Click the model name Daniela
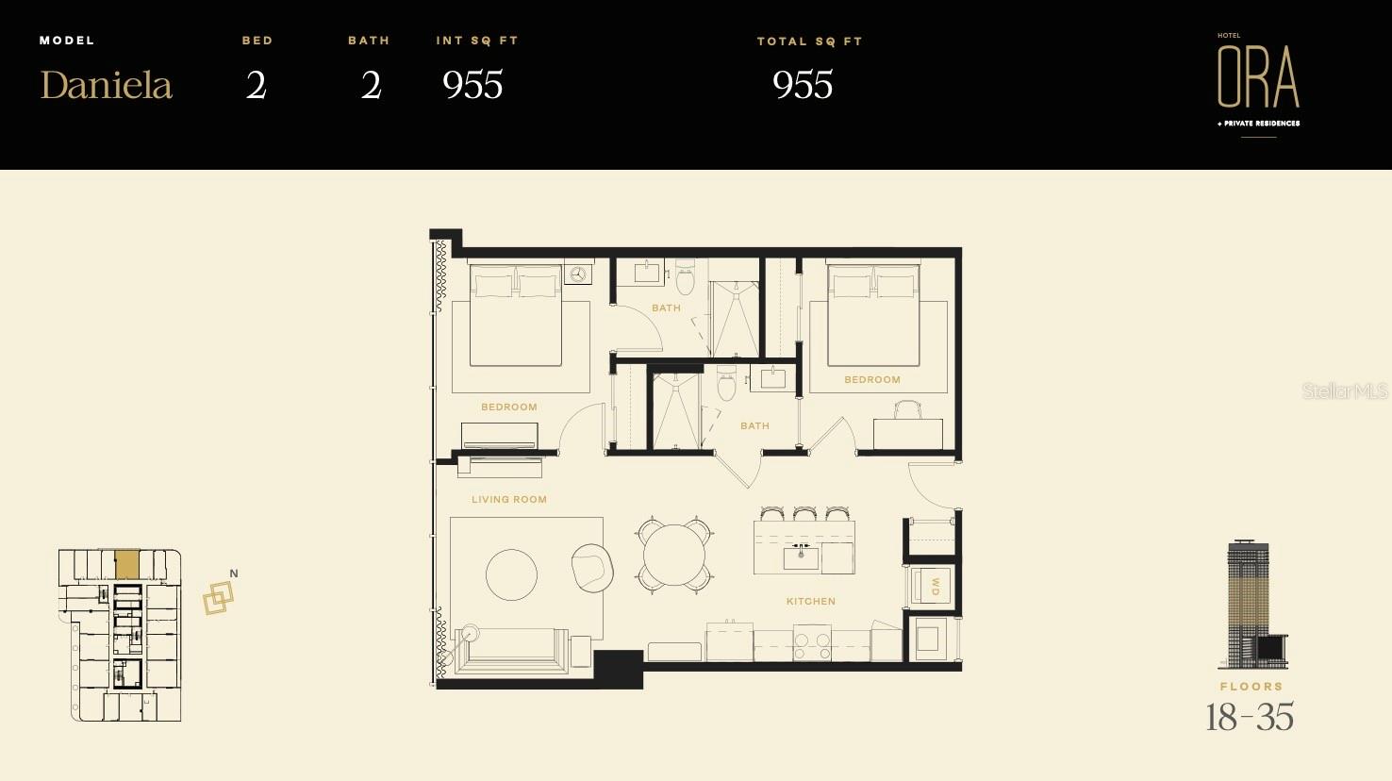tap(106, 85)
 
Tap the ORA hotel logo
tap(1258, 76)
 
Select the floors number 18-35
tap(1250, 718)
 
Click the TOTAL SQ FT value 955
tap(803, 85)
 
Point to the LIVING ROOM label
tap(509, 499)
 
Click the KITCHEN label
tap(811, 601)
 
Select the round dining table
tap(672, 555)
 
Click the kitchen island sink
tap(801, 556)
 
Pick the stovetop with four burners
tap(812, 645)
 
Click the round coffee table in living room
tap(511, 573)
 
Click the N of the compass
tap(234, 573)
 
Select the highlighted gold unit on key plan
tap(126, 565)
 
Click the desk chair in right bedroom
tap(907, 409)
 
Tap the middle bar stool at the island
tap(804, 514)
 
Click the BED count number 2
tap(257, 85)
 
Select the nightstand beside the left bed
tap(578, 274)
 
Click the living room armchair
tap(592, 566)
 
